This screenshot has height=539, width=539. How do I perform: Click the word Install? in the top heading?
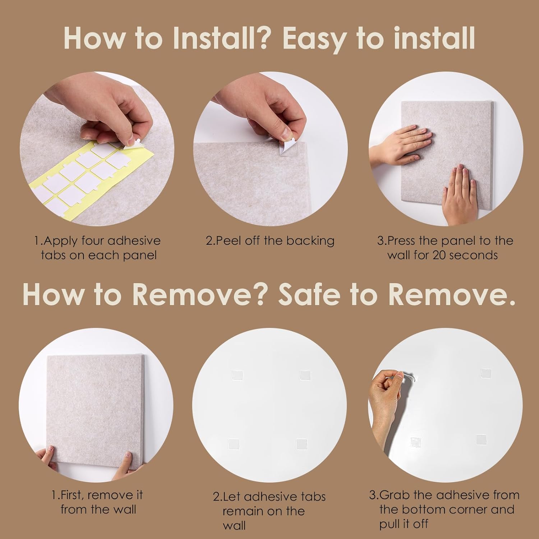click(220, 38)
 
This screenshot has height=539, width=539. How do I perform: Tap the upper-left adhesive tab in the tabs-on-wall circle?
click(235, 376)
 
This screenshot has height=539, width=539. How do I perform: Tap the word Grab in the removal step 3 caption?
click(395, 496)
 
